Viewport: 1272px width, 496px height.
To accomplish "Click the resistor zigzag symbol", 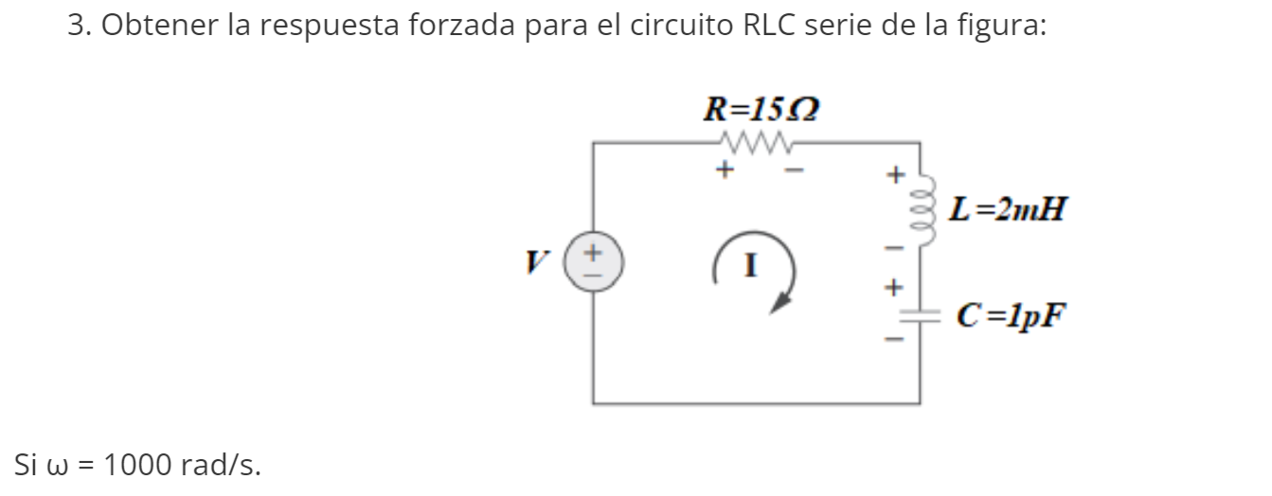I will pyautogui.click(x=756, y=143).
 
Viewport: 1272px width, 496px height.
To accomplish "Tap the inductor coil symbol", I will pyautogui.click(x=918, y=205).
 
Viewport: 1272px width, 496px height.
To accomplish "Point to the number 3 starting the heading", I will pyautogui.click(x=75, y=26).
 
